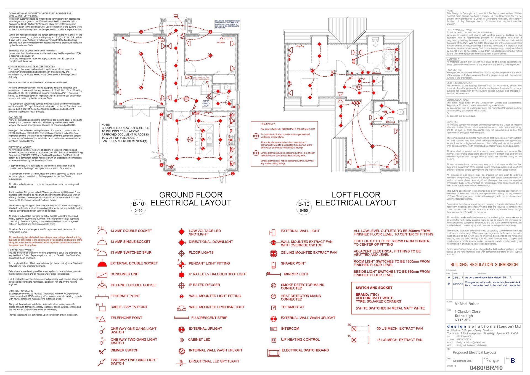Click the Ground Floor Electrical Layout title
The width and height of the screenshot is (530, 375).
tap(190, 199)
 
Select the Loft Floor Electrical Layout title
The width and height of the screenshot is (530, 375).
tap(356, 199)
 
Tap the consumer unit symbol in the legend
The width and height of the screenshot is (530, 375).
tap(102, 275)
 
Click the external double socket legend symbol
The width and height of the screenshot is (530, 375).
tap(102, 264)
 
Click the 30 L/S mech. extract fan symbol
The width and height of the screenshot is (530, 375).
tap(354, 329)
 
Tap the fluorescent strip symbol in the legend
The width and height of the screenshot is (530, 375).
tap(181, 318)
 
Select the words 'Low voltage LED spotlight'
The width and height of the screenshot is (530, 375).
tap(205, 233)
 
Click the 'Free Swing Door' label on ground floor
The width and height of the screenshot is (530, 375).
tap(206, 103)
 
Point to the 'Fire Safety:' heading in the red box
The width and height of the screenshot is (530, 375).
tap(268, 124)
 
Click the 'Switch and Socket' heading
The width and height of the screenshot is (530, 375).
tap(374, 288)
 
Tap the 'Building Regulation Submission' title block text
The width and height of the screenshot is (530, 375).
tap(484, 265)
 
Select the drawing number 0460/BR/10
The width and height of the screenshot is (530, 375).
tap(486, 368)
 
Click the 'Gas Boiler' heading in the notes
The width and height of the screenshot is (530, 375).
tap(15, 117)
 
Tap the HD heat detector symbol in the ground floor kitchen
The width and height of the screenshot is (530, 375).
tap(190, 140)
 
